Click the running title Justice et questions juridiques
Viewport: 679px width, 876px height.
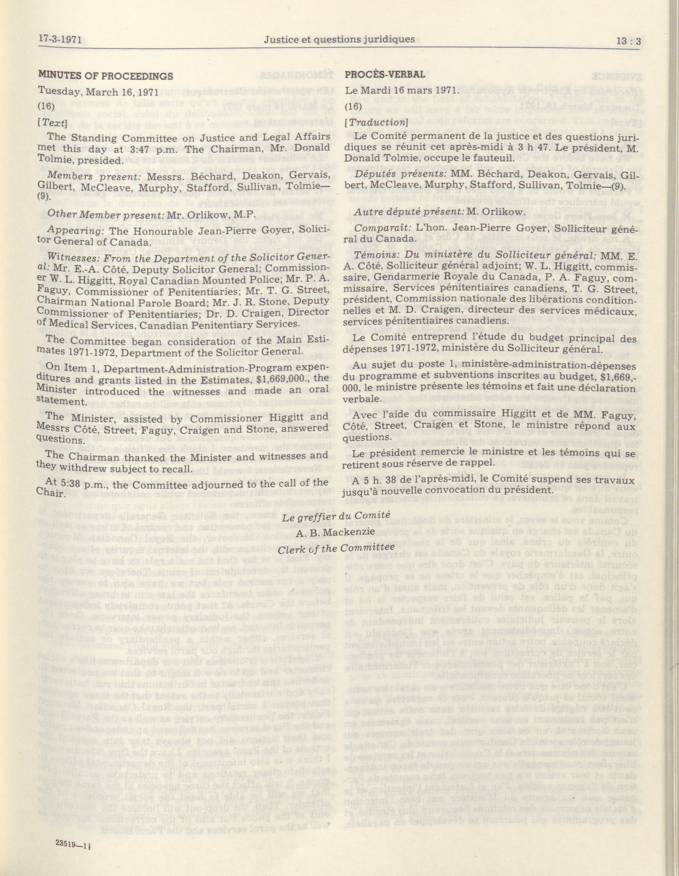339,39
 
